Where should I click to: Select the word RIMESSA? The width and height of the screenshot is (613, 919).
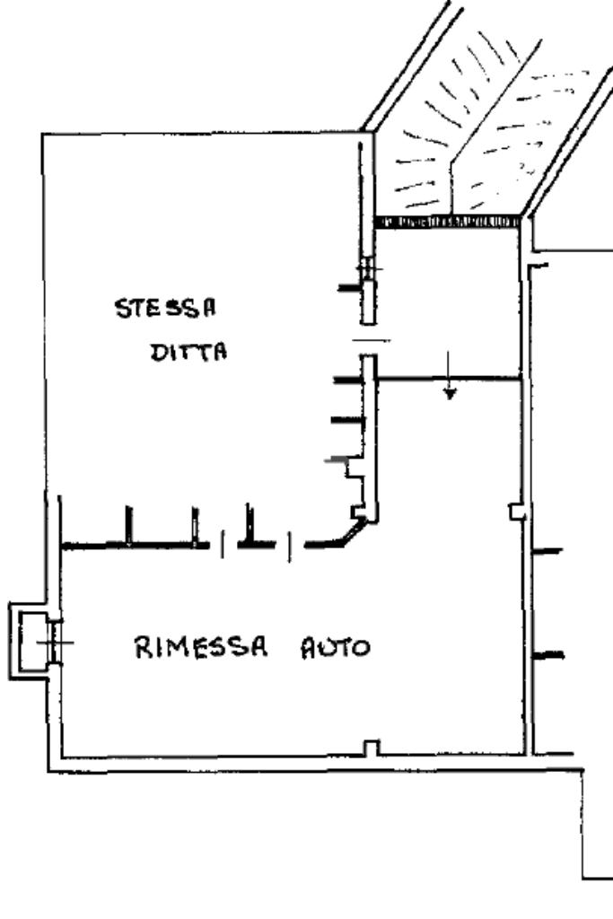194,646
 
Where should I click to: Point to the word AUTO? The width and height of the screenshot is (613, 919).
336,646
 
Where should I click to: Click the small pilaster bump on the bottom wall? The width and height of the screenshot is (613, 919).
370,748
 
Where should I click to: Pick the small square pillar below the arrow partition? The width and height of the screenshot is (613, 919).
515,511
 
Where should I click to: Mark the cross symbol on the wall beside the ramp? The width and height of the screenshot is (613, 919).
367,268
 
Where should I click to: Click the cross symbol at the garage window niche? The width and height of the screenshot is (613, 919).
55,642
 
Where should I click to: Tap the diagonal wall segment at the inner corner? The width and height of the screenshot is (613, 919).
351,534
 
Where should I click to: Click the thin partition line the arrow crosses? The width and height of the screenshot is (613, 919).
449,380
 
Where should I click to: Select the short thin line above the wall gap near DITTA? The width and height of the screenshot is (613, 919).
372,340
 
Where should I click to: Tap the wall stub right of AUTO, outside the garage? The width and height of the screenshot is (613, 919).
547,655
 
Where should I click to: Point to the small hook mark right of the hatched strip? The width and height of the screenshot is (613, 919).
539,265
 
